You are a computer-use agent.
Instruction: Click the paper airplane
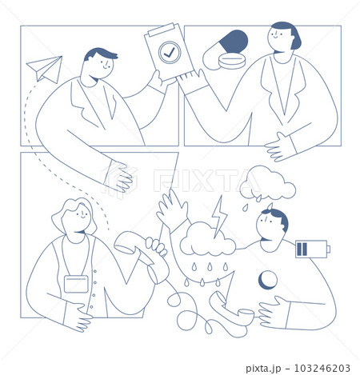point(46,69)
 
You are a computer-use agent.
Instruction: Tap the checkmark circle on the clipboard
point(170,52)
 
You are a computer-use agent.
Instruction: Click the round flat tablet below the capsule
point(232,62)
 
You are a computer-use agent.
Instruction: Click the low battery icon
point(313,249)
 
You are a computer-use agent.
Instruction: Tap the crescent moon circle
point(268,280)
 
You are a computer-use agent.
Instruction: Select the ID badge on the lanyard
point(76,284)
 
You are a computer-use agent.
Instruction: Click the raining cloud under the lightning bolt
point(207,239)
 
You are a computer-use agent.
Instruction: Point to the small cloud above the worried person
point(268,183)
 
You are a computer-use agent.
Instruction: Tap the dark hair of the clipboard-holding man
point(100,54)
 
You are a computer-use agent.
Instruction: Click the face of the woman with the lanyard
point(78,217)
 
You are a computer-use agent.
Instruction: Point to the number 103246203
point(322,368)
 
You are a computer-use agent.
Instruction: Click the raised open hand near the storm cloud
point(173,210)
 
